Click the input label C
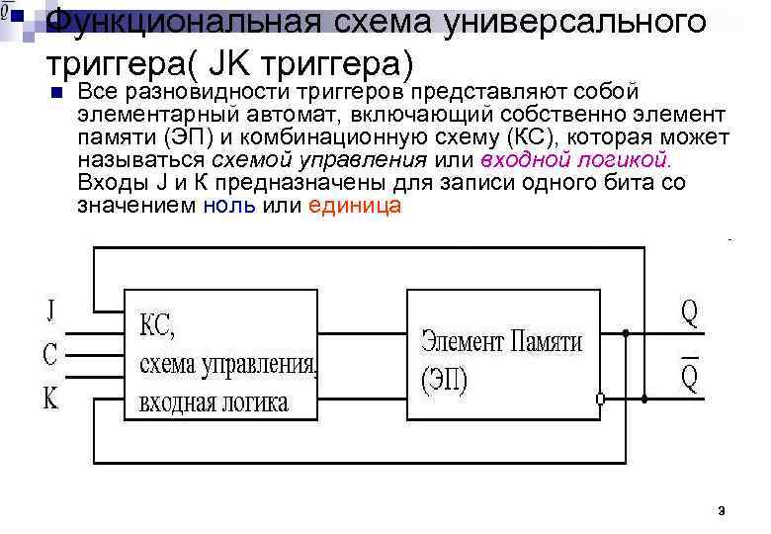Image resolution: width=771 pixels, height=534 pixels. click(50, 353)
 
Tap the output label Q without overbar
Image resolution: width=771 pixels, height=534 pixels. click(688, 313)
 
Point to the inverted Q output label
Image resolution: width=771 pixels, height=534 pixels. click(689, 375)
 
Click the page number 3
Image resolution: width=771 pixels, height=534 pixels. click(722, 511)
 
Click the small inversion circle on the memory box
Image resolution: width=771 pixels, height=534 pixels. click(600, 399)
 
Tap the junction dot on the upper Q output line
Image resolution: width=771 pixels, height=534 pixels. click(625, 334)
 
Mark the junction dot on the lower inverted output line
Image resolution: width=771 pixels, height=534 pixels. click(644, 399)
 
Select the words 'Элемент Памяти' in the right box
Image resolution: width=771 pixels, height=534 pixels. click(502, 342)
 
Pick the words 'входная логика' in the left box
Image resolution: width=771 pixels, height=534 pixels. click(214, 402)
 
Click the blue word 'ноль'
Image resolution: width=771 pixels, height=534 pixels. click(228, 206)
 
